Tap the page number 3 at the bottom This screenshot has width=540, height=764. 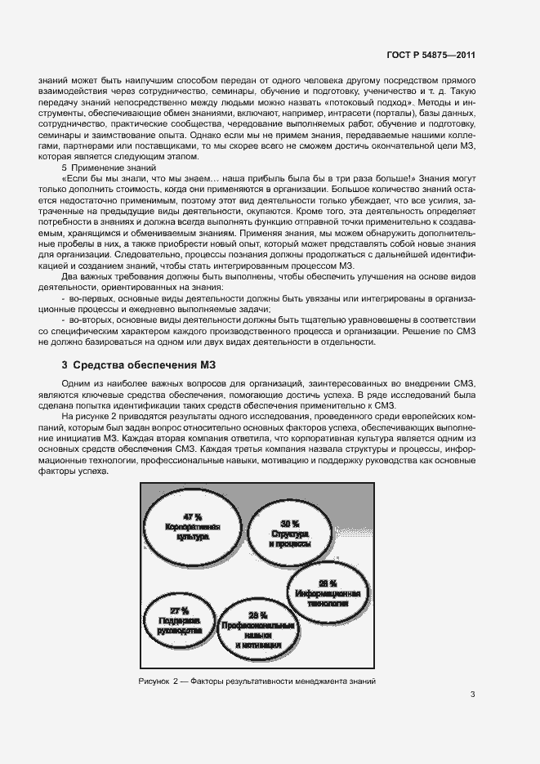coord(472,695)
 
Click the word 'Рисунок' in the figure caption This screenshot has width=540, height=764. coord(154,682)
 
